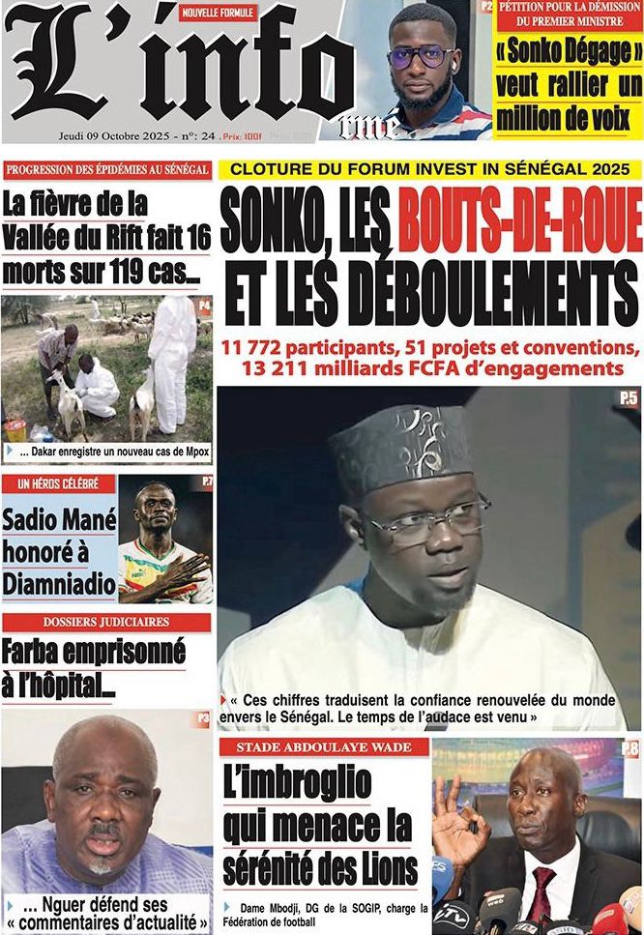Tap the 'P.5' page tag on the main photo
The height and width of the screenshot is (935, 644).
[x=629, y=397]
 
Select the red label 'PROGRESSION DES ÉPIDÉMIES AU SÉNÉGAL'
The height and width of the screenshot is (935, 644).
[x=106, y=169]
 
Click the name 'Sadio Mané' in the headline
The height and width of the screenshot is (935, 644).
[x=58, y=521]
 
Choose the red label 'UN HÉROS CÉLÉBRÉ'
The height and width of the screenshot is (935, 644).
[x=59, y=482]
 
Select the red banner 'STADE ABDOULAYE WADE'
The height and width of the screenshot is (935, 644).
[x=324, y=746]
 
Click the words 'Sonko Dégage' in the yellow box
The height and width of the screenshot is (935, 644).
[x=568, y=50]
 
